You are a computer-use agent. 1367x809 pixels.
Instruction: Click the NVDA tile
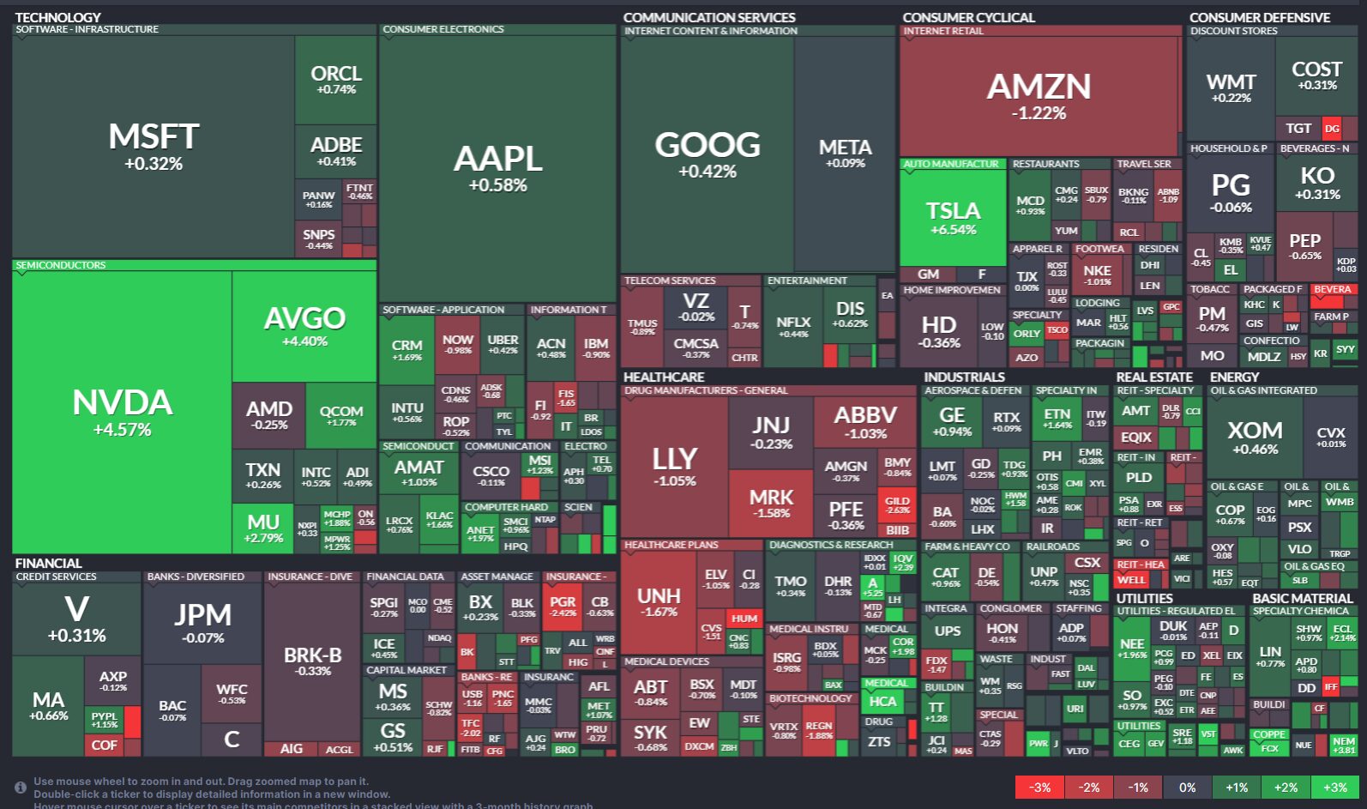tap(122, 412)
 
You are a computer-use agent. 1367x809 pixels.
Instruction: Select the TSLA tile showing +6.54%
tap(953, 218)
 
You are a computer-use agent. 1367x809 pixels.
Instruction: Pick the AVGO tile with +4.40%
tap(304, 326)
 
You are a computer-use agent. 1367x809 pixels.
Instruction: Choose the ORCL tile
tap(335, 80)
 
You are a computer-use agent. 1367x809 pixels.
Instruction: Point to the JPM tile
tap(203, 623)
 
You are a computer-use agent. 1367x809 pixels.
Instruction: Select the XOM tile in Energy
tap(1254, 438)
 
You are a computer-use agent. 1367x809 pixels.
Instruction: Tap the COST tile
tap(1316, 75)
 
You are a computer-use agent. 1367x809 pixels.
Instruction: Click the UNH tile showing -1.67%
tap(659, 602)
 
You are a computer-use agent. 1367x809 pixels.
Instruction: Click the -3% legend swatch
tap(1039, 788)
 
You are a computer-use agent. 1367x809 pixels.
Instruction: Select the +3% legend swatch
tap(1334, 788)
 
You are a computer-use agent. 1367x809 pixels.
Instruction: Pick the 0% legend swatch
tap(1187, 788)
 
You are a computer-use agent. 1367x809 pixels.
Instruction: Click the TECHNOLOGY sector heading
tap(57, 17)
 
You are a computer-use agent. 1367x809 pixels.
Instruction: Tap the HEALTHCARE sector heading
tap(664, 377)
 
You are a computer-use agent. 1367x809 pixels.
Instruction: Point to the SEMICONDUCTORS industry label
tap(61, 265)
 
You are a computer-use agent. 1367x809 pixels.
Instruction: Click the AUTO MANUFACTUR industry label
tap(951, 164)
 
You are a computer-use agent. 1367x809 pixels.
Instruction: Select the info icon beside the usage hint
tap(20, 788)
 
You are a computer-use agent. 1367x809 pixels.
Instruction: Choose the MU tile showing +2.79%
tap(262, 528)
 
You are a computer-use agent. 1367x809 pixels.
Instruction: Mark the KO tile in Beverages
tap(1316, 181)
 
